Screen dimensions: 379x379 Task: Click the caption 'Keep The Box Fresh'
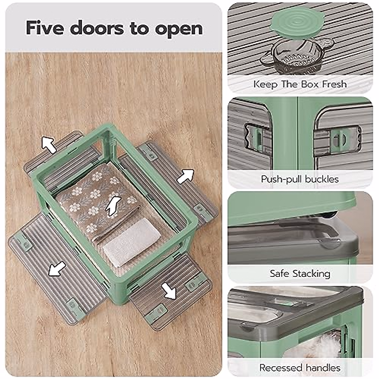pos(300,84)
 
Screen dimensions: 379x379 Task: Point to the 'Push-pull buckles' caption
pos(300,179)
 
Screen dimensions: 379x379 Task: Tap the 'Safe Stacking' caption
pos(300,274)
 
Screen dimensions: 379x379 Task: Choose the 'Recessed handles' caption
pos(300,368)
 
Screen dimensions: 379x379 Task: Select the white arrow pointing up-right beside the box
pos(185,176)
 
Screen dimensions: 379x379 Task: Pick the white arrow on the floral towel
pos(113,206)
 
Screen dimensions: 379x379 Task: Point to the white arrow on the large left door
pos(57,269)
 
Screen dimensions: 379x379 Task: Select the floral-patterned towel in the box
pos(95,202)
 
